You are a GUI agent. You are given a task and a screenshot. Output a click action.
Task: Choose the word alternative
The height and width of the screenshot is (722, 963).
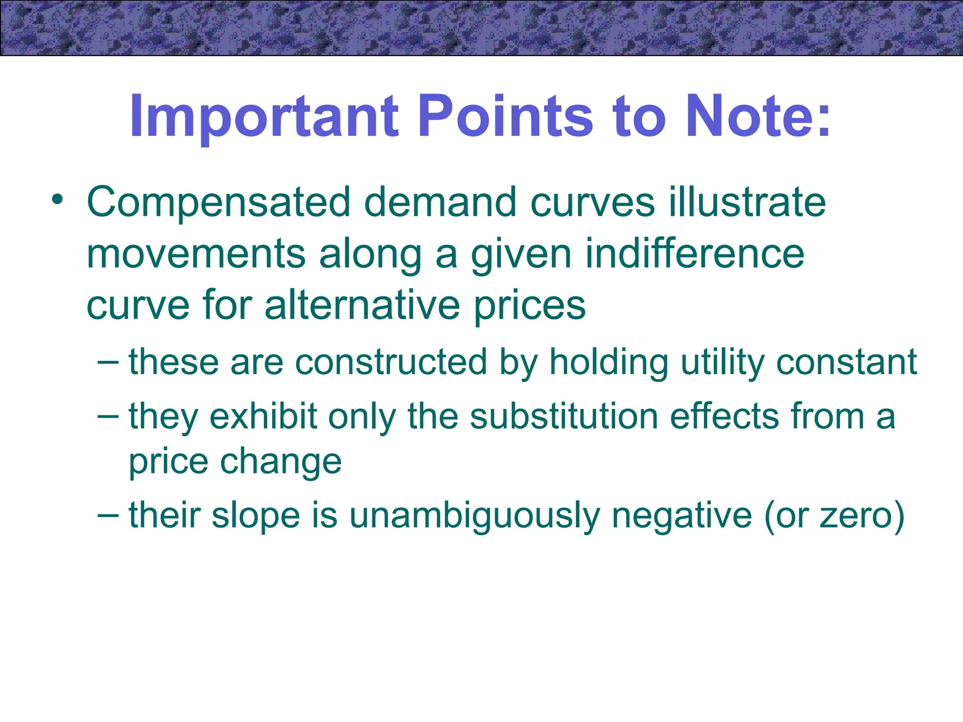pyautogui.click(x=362, y=306)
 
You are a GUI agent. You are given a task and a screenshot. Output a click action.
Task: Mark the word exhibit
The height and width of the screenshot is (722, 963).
pyautogui.click(x=264, y=416)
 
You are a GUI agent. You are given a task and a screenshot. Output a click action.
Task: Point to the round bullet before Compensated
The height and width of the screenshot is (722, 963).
pyautogui.click(x=57, y=200)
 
